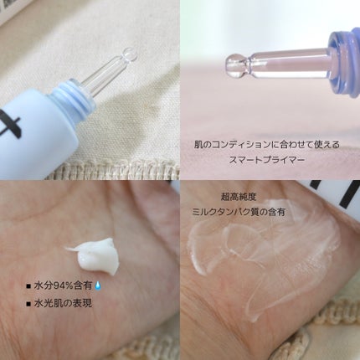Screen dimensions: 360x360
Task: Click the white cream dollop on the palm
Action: point(95,255)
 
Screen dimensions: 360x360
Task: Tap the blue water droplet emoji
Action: point(98,285)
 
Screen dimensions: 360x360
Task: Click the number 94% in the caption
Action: point(59,285)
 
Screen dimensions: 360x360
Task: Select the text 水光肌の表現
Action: point(63,303)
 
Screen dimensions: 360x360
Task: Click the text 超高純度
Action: point(239,197)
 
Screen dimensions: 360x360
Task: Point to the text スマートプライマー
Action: point(266,160)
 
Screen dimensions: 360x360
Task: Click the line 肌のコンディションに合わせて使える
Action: point(267,145)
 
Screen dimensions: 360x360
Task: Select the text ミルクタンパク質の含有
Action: point(239,212)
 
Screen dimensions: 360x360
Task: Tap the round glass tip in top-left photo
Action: point(131,54)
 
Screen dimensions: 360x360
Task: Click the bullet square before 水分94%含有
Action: point(28,286)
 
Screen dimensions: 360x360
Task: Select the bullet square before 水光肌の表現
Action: point(28,304)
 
